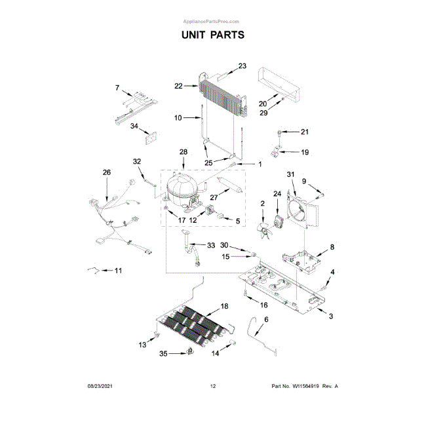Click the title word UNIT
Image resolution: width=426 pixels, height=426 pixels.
pos(196,34)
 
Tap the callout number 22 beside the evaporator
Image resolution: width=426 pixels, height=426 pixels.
pos(179,85)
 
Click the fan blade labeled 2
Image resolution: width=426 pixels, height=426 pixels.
pos(263,227)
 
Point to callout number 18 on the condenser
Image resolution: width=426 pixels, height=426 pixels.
pos(224,306)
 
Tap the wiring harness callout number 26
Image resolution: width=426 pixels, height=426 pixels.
pos(107,172)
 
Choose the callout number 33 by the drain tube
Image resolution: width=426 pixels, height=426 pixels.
pos(210,245)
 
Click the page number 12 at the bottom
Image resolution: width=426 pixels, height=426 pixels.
pos(212,386)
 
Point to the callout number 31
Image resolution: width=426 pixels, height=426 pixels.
pos(291,174)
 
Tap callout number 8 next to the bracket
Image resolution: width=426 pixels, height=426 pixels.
pos(332,247)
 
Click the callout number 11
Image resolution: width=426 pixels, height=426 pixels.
pos(118,271)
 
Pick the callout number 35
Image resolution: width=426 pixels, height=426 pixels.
pos(164,354)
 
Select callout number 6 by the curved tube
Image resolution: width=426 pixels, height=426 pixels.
pos(266,319)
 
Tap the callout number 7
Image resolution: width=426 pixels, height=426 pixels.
pos(118,88)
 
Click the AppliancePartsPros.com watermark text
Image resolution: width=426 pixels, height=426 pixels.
pos(212,22)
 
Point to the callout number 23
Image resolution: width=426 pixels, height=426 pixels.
pos(242,66)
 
